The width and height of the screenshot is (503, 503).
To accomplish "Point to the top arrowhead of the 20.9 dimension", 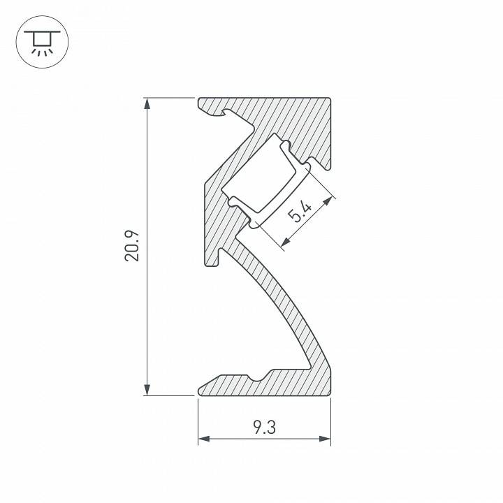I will (x=147, y=103).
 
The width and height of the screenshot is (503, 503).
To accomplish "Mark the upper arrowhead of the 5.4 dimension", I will (x=328, y=201).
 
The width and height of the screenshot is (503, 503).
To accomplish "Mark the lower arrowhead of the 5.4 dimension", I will (x=285, y=244).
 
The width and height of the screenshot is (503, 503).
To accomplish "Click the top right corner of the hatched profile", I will (x=330, y=99).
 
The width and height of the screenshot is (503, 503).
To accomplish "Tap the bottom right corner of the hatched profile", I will (x=330, y=395).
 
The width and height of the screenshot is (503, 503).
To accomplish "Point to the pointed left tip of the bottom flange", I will (x=200, y=390).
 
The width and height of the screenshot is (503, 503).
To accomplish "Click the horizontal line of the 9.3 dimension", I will (x=231, y=439).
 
